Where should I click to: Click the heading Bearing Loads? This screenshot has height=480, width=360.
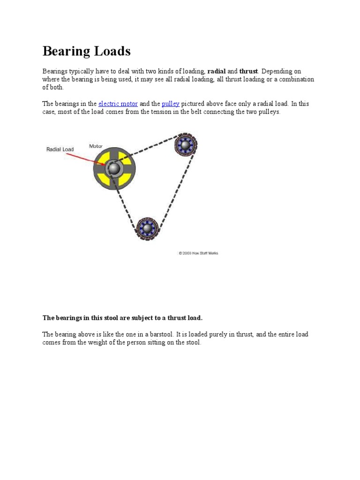[87, 51]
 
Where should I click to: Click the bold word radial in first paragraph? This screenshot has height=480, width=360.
[217, 71]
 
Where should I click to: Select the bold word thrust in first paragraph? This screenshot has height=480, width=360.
[248, 71]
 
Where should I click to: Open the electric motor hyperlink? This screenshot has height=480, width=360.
[118, 104]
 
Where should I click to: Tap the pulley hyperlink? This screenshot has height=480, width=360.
[171, 104]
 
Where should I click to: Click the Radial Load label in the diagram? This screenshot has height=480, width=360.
[60, 150]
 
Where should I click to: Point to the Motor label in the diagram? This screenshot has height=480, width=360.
[96, 146]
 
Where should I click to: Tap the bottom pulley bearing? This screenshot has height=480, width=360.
[148, 228]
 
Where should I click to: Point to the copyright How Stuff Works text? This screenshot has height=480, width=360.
[198, 253]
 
